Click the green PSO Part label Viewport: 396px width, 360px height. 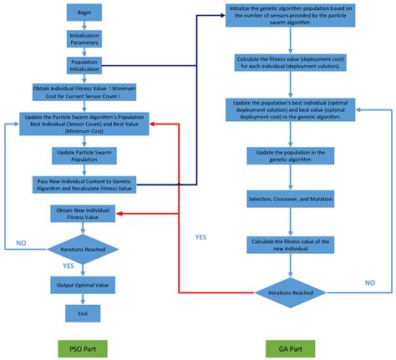click(x=82, y=345)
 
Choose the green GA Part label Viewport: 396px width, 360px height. click(x=289, y=345)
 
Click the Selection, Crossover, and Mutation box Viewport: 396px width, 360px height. click(x=289, y=200)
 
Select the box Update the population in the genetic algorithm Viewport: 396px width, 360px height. click(x=289, y=156)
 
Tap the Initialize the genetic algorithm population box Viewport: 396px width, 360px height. click(x=289, y=18)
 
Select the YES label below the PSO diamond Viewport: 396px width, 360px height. click(x=68, y=266)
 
